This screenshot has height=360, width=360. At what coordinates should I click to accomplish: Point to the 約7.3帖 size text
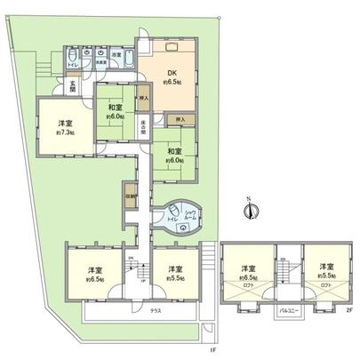click(x=59, y=132)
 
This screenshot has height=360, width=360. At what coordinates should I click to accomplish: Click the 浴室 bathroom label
click(x=116, y=55)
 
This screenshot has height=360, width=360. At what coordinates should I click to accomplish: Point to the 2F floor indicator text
click(x=348, y=308)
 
